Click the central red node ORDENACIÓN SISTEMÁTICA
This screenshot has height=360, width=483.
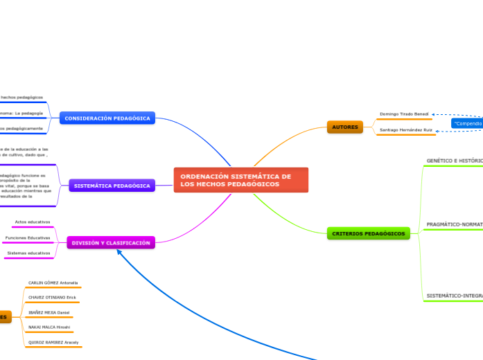click(240, 180)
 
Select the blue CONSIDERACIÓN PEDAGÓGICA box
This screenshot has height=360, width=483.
click(107, 118)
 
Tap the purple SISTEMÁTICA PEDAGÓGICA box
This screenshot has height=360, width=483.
click(112, 186)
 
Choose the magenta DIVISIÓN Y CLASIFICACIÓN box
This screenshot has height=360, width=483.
click(111, 243)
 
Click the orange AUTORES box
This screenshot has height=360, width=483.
click(344, 127)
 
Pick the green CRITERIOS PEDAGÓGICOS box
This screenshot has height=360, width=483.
click(368, 233)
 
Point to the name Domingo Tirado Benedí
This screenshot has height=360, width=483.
click(404, 114)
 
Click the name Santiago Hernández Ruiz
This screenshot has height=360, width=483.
click(405, 129)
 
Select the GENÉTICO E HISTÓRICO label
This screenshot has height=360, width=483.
click(455, 161)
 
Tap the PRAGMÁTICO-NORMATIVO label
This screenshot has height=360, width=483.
click(455, 224)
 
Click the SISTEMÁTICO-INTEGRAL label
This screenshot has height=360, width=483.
click(455, 296)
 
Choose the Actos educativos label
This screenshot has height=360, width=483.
click(33, 222)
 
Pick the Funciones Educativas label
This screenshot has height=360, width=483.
click(28, 237)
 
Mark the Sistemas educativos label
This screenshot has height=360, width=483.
click(28, 253)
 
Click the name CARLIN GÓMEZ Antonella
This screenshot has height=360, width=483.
click(53, 282)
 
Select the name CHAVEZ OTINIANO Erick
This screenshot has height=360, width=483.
click(52, 297)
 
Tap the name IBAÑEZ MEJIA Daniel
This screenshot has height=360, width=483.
click(49, 312)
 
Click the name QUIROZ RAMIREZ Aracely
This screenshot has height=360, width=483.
click(53, 342)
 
